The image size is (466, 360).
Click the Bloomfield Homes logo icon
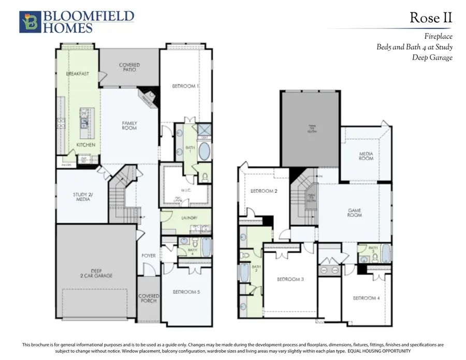(x=30, y=22)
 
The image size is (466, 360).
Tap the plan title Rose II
(x=431, y=18)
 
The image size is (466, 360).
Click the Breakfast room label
(x=77, y=74)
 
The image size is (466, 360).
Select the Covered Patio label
(x=129, y=68)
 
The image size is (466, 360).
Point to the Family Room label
(x=129, y=125)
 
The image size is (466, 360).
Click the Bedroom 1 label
(x=185, y=86)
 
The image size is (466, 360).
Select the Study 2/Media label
(x=81, y=197)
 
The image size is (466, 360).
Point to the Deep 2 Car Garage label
(x=96, y=273)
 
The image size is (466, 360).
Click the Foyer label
(x=149, y=256)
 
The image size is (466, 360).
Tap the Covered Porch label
(x=149, y=299)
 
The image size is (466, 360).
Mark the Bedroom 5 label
(x=186, y=292)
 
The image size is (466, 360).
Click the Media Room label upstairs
(x=366, y=156)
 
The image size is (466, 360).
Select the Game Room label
(x=354, y=213)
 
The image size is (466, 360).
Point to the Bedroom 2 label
(x=264, y=191)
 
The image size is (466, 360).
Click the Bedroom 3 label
(x=290, y=280)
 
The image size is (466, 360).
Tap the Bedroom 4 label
(x=367, y=298)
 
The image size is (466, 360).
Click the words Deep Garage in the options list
(x=432, y=57)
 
